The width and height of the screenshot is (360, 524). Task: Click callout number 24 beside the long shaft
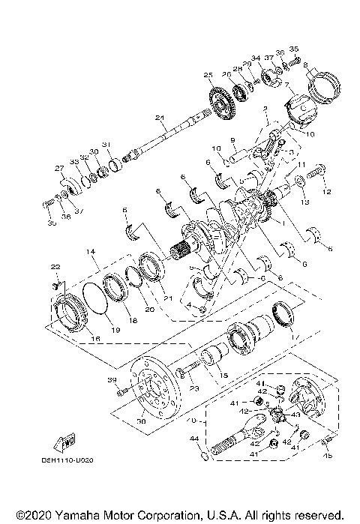pos(159,118)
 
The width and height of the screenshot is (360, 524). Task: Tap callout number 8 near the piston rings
pos(305,65)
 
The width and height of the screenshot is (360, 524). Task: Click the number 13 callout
pos(304,202)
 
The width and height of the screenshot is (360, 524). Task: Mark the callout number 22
pos(54,267)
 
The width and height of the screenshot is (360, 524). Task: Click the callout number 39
pos(113,380)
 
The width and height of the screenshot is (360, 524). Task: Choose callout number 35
pos(294,48)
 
